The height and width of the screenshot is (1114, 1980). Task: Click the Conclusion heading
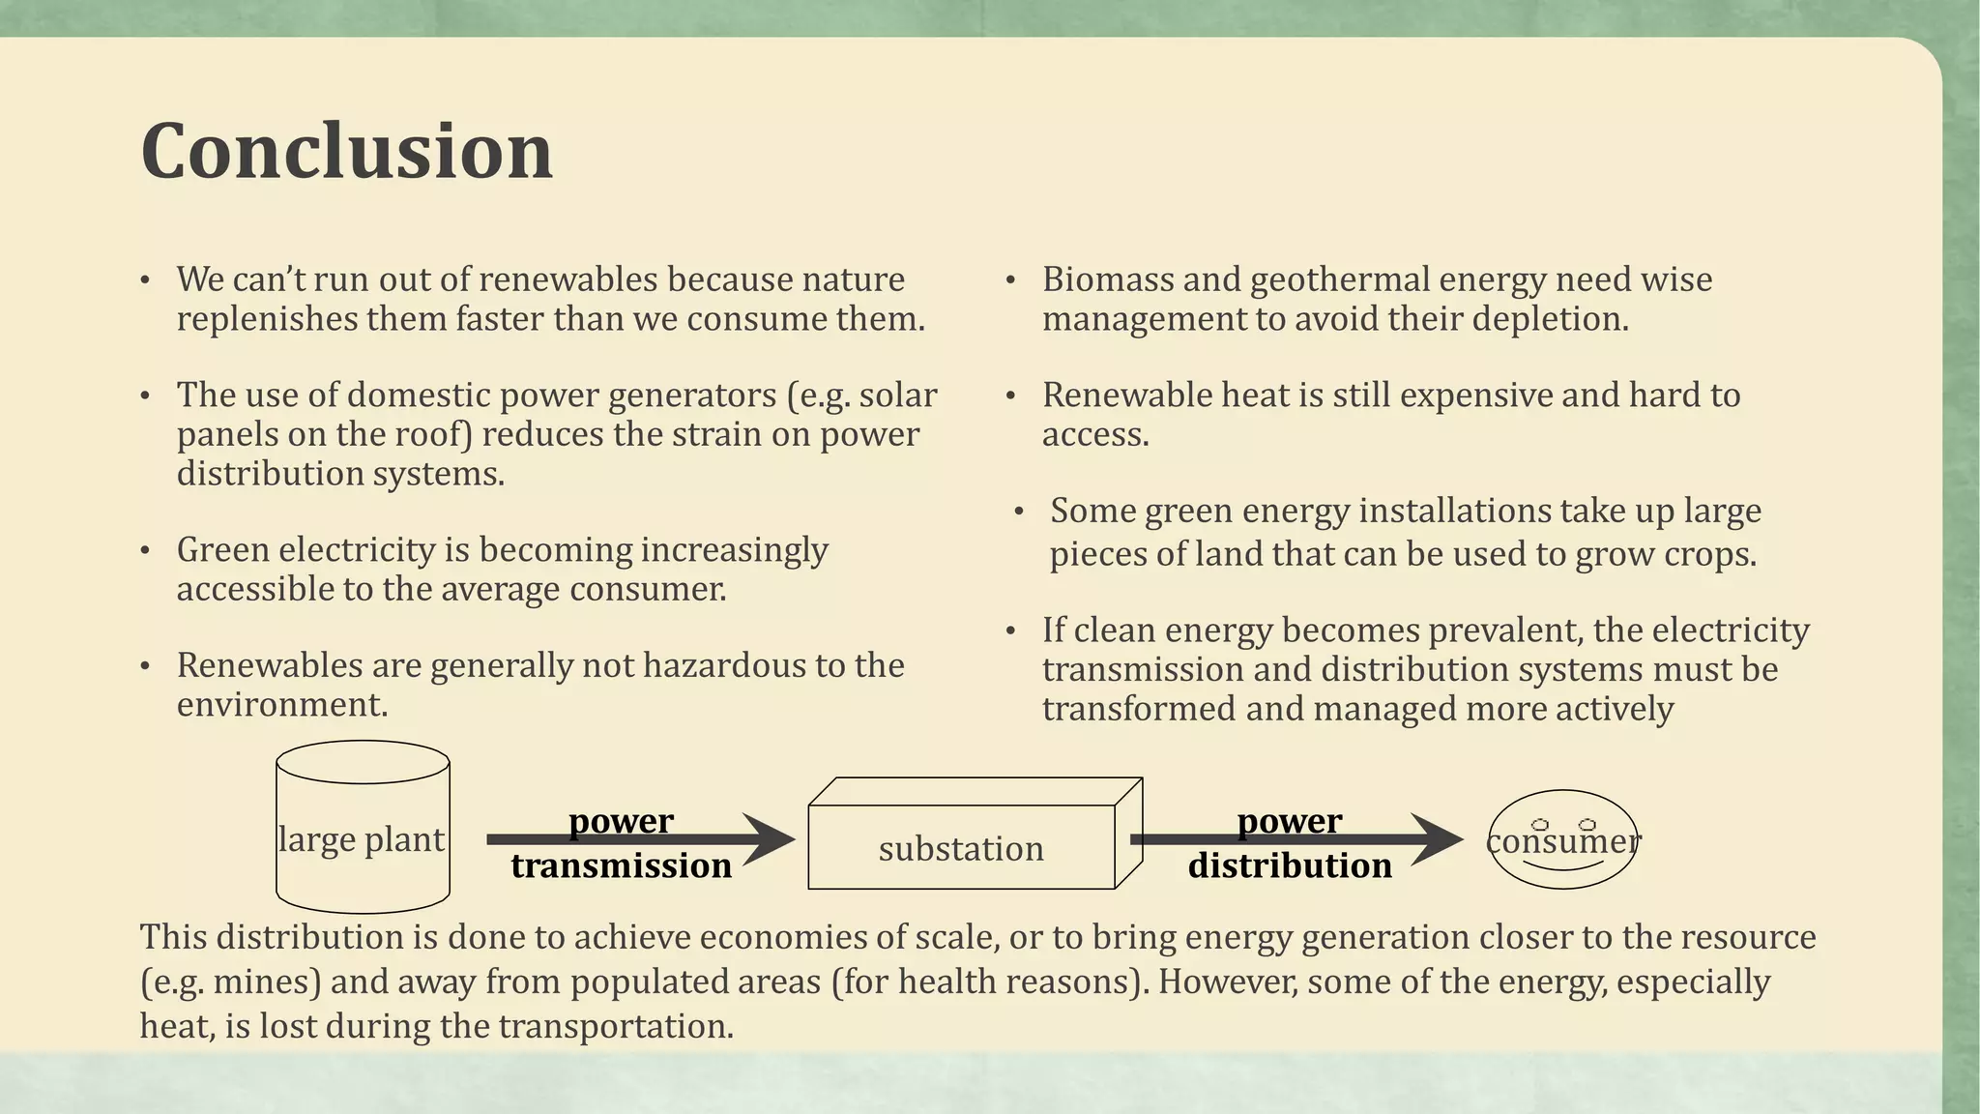click(x=346, y=151)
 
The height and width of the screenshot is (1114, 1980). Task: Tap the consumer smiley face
click(x=1562, y=840)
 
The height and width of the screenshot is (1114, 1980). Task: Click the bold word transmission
click(x=621, y=865)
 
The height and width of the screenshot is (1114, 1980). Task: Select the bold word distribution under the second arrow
click(x=1290, y=865)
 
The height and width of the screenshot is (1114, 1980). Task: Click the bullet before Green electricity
click(x=145, y=551)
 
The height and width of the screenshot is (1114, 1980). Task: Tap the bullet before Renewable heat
click(x=1010, y=396)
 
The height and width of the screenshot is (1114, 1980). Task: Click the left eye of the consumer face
click(x=1540, y=825)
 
